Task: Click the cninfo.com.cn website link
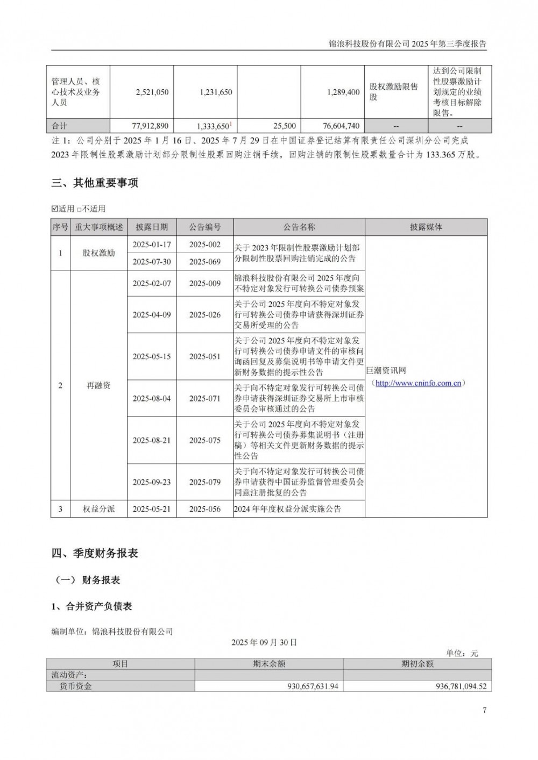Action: click(x=418, y=383)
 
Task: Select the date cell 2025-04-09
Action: click(x=151, y=314)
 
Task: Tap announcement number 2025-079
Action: click(x=205, y=482)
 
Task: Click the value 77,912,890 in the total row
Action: click(x=150, y=126)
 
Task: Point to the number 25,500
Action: click(x=285, y=126)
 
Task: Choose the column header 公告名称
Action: click(x=299, y=227)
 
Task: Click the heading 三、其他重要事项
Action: click(x=95, y=183)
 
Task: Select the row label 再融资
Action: click(x=98, y=385)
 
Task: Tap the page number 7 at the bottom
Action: click(x=485, y=711)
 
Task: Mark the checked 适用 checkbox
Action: click(x=54, y=209)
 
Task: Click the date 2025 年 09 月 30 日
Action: click(x=264, y=642)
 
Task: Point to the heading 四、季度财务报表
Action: click(x=95, y=553)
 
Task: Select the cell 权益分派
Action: click(x=98, y=509)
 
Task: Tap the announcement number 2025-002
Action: click(x=205, y=245)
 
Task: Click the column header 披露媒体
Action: click(x=426, y=227)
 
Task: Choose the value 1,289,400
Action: click(x=343, y=92)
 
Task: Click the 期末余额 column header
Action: click(x=269, y=664)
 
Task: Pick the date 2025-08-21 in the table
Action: click(x=151, y=440)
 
